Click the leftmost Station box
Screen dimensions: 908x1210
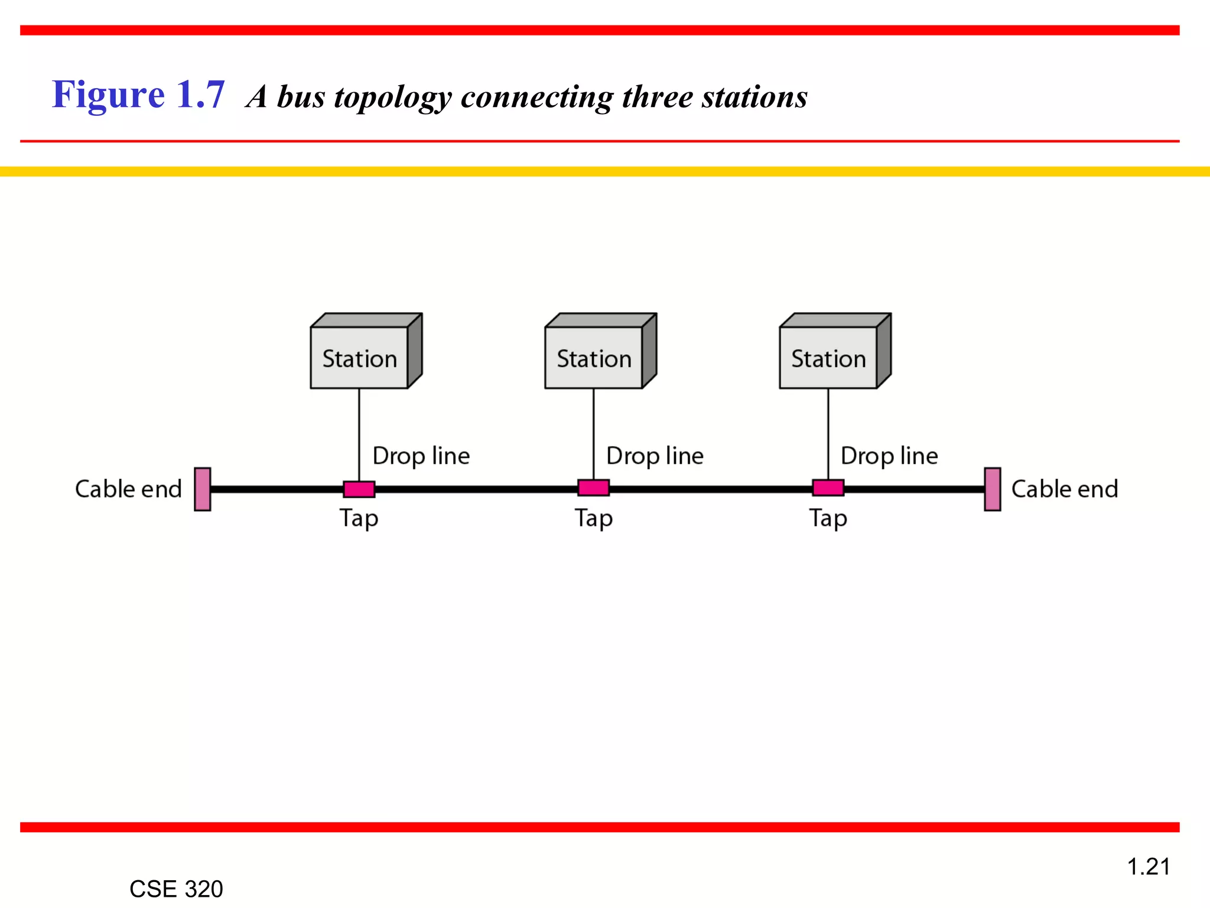(360, 358)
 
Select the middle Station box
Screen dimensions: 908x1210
(594, 358)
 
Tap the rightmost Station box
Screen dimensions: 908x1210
(828, 358)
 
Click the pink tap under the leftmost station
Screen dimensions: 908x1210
(359, 489)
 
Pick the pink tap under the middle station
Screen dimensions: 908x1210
(594, 488)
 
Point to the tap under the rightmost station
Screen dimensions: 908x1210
(828, 488)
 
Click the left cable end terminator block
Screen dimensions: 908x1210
(203, 489)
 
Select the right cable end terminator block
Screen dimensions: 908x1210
(993, 489)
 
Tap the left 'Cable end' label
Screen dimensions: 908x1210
(128, 489)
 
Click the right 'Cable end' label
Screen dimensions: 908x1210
(1065, 489)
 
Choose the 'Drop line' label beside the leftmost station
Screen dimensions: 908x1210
(421, 456)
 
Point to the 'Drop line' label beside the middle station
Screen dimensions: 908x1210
(655, 456)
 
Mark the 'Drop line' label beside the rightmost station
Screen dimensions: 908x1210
(889, 456)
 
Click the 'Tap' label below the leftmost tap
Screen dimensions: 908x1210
(359, 518)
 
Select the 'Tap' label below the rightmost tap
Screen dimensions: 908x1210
(828, 518)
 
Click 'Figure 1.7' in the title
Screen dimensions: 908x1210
(138, 95)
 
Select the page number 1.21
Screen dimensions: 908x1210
(1149, 867)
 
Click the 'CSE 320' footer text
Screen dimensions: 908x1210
(176, 888)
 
